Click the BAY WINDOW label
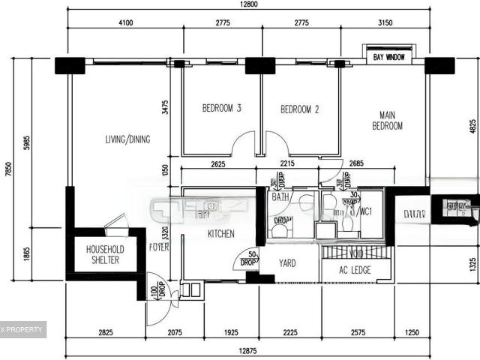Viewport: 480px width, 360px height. pos(388,57)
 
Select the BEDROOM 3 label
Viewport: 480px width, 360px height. pos(221,109)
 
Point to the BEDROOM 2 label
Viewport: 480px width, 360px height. pos(300,109)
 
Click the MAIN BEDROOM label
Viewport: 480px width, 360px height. pos(387,121)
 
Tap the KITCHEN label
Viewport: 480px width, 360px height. pos(220,234)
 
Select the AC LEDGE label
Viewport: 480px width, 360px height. pos(355,270)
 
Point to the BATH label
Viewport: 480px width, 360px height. pos(280,197)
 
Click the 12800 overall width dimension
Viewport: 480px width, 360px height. pos(250,4)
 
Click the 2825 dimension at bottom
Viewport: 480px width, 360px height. pos(104,331)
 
